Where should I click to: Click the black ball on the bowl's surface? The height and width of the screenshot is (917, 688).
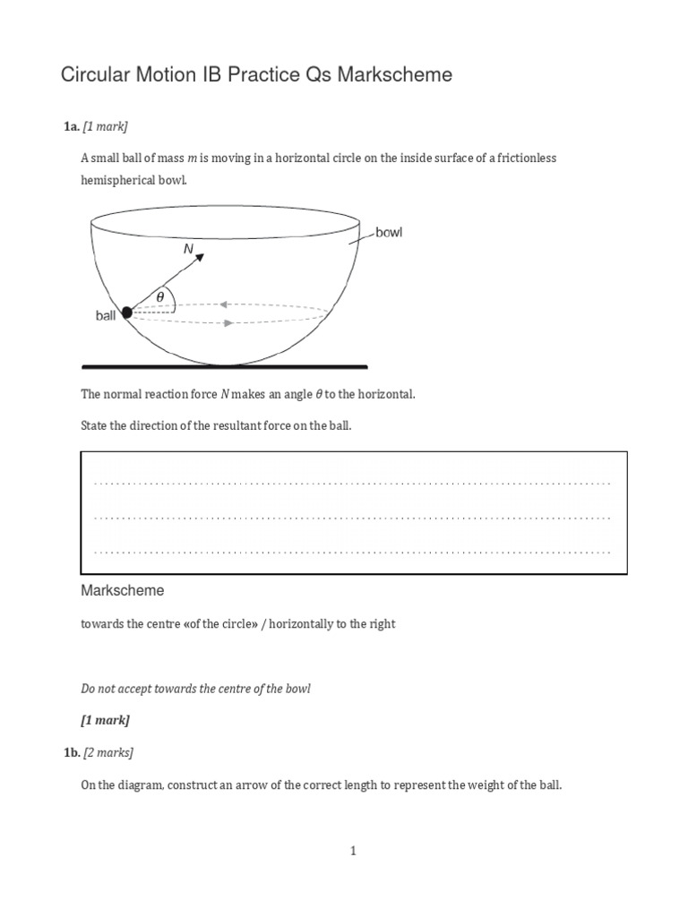click(x=126, y=312)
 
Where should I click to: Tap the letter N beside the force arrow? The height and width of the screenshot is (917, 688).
click(x=188, y=250)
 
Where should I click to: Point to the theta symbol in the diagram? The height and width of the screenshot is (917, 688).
click(x=160, y=296)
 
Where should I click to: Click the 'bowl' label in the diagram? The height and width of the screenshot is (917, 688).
click(x=389, y=233)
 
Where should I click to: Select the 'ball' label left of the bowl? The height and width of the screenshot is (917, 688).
click(x=107, y=316)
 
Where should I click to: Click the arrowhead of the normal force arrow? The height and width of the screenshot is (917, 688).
click(x=201, y=257)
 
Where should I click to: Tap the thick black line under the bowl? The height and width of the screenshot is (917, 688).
click(x=224, y=366)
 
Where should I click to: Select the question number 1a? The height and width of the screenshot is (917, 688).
click(x=71, y=127)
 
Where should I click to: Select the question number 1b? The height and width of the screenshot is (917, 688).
click(x=71, y=752)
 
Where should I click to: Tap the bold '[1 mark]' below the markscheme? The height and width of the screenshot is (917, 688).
click(x=105, y=720)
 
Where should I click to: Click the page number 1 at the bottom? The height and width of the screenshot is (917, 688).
click(x=353, y=851)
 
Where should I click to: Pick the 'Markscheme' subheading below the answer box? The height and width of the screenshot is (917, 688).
click(x=123, y=591)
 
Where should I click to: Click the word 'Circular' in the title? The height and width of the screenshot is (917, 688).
click(x=92, y=75)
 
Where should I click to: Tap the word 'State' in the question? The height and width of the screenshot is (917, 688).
click(x=95, y=425)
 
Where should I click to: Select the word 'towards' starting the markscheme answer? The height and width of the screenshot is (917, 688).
click(x=99, y=624)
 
